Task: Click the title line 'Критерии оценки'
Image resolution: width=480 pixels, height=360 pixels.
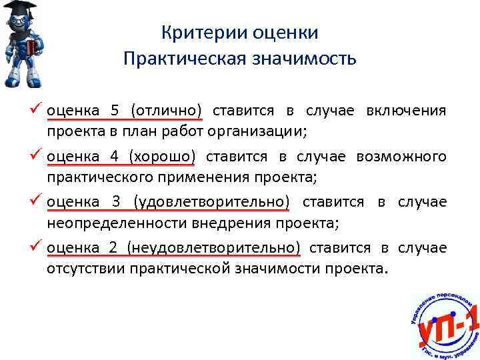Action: coord(240,33)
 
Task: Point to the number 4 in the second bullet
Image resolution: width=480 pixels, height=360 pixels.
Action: coord(114,157)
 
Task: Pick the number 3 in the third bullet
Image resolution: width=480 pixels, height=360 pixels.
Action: coord(114,202)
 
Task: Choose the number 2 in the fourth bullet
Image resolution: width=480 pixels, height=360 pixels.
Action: coord(114,249)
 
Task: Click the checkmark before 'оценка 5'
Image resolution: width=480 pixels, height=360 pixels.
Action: coord(37,109)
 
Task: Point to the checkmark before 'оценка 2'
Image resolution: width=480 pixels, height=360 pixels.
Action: coord(37,247)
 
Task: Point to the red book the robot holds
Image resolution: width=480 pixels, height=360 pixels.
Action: coord(29,49)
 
